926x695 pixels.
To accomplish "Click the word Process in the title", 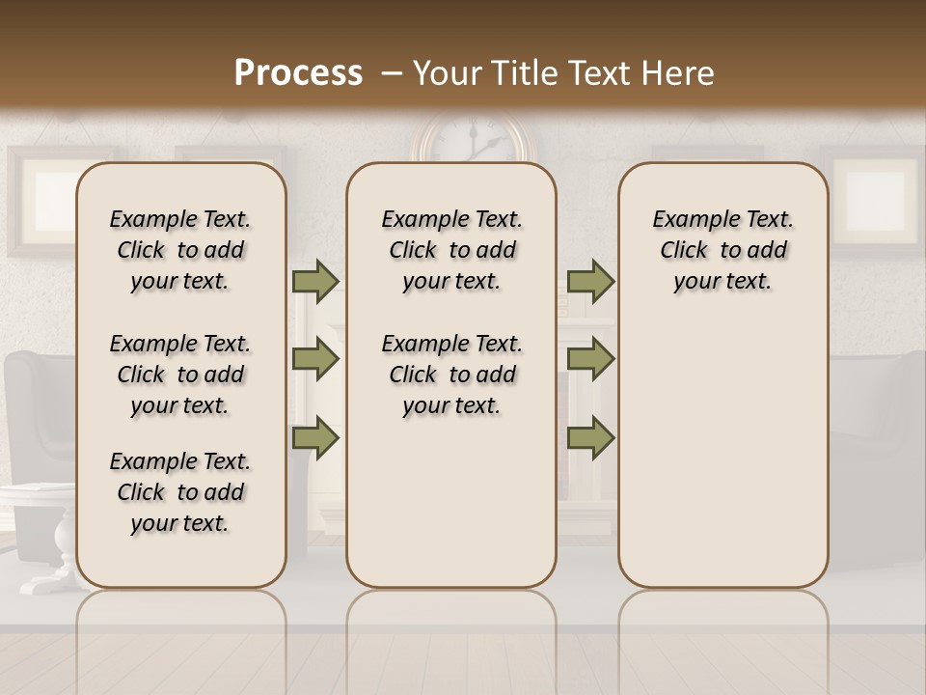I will (298, 73).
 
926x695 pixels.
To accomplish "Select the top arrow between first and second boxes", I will (314, 282).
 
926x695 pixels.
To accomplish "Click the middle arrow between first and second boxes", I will (314, 359).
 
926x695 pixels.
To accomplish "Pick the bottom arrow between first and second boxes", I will (314, 437).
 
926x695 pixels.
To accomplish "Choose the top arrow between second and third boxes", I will (590, 282).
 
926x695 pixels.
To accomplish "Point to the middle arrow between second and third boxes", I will (590, 359).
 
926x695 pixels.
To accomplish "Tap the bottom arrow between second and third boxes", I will (590, 437).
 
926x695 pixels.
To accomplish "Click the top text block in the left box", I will (180, 250).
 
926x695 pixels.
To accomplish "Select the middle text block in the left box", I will (180, 375).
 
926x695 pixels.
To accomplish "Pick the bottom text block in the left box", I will (180, 492).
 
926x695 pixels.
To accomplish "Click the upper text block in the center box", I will (451, 250).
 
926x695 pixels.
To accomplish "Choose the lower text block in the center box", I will (451, 375).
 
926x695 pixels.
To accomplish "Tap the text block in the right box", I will (723, 250).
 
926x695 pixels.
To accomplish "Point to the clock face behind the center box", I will (472, 141).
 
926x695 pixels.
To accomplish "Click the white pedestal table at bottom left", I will (39, 531).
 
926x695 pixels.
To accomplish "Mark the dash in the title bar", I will (390, 73).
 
